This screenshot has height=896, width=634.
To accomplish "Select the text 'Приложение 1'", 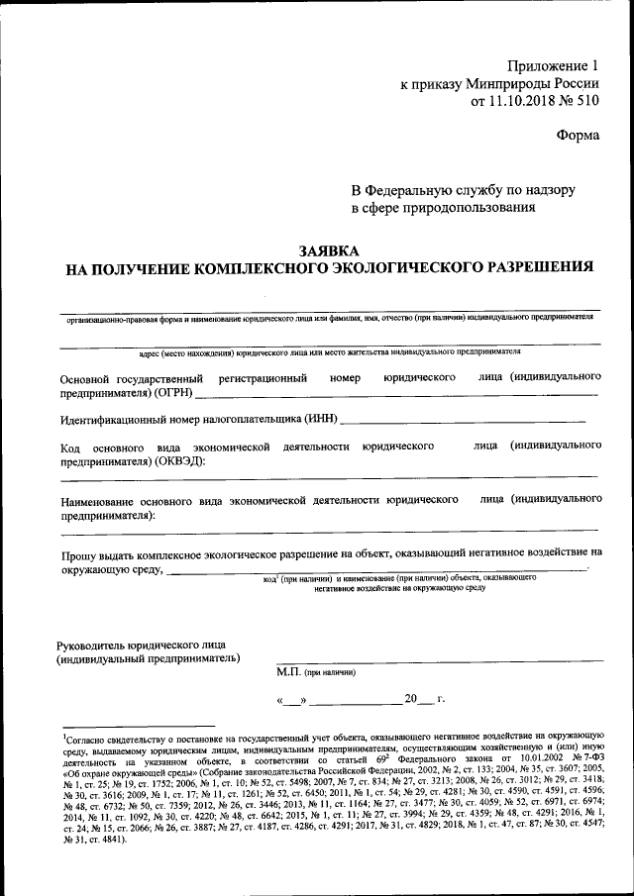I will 550,64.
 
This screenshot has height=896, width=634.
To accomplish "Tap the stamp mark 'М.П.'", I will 289,672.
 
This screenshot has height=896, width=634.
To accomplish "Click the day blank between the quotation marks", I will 294,702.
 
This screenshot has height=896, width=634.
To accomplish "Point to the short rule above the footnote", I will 138,726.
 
